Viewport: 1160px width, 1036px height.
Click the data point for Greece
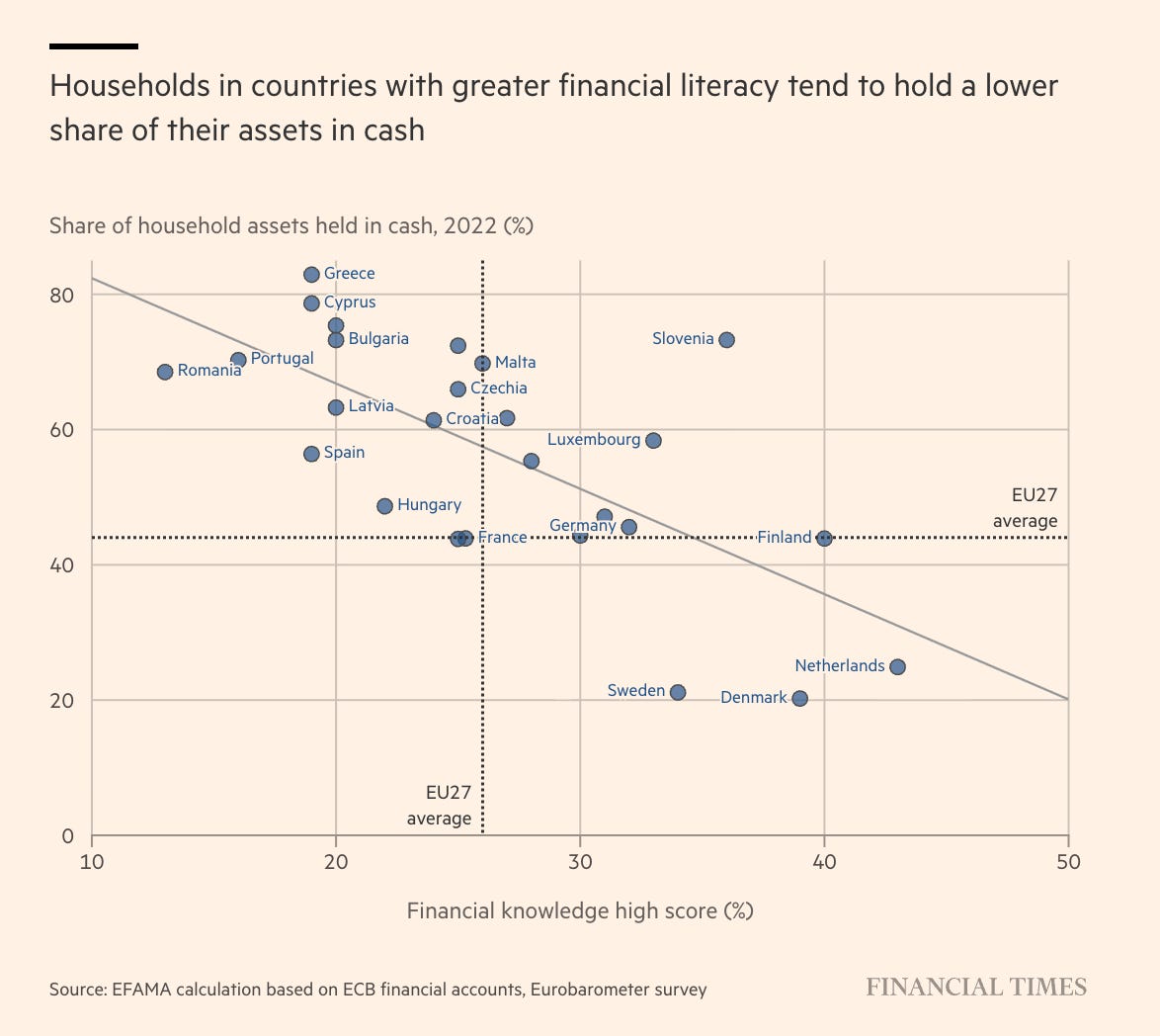pos(311,275)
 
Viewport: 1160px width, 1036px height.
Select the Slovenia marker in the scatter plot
pos(726,340)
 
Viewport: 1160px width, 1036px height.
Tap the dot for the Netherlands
pos(897,667)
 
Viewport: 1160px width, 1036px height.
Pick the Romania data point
pos(165,372)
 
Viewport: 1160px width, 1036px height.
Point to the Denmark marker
pos(799,698)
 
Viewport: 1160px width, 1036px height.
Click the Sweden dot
pos(678,692)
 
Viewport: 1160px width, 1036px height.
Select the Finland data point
pos(824,539)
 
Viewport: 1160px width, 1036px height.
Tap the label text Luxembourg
pos(594,439)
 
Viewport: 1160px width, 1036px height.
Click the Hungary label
pos(429,505)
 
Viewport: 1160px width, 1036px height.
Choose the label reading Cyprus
pos(350,302)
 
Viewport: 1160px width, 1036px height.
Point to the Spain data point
pos(311,454)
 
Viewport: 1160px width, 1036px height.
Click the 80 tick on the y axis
pos(63,295)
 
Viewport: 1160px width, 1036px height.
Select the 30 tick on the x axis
pos(580,862)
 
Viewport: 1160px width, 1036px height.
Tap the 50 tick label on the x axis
pos(1068,862)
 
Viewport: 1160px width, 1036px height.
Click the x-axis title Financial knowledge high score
pos(580,910)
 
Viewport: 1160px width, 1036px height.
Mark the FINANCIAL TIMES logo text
pos(976,987)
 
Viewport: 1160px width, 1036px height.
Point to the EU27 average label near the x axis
pos(440,806)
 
